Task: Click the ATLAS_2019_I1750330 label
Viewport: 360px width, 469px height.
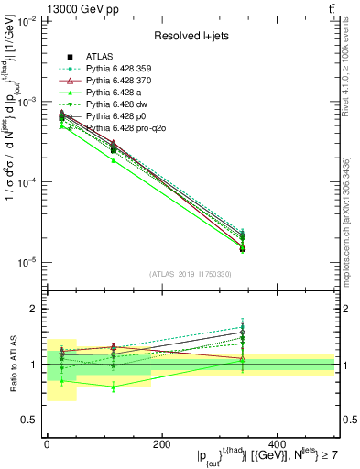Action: [190, 274]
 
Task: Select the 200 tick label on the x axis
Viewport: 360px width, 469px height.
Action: [162, 443]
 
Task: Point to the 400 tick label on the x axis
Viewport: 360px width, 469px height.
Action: [277, 443]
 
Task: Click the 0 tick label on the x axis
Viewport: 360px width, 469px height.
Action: [47, 443]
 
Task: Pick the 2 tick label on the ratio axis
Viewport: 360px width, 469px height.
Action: [34, 309]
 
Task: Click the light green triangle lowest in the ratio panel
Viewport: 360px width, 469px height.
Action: [113, 387]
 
